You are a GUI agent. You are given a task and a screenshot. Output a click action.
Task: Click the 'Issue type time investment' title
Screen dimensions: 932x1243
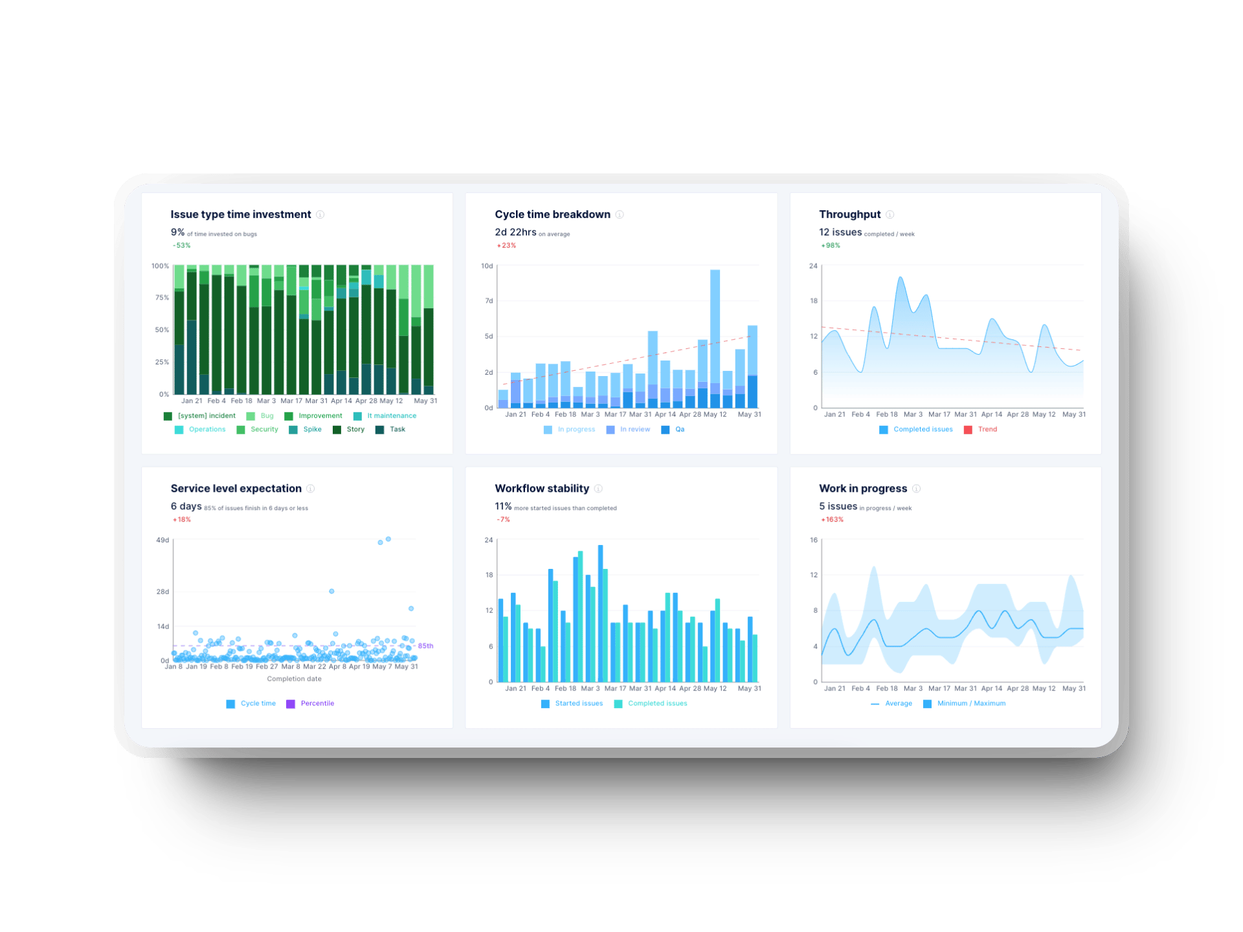click(240, 214)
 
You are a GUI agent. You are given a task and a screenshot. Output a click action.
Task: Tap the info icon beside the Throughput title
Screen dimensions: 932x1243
click(890, 214)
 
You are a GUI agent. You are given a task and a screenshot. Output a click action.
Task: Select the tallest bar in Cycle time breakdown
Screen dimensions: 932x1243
click(715, 337)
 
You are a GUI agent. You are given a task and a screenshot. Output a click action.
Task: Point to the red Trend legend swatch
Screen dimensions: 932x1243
click(968, 430)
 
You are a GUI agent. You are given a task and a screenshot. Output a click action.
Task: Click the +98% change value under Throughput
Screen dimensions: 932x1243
click(831, 245)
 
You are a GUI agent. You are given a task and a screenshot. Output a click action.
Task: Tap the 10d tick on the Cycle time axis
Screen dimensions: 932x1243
click(487, 266)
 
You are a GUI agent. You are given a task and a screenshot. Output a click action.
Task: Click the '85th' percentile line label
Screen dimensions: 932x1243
click(425, 646)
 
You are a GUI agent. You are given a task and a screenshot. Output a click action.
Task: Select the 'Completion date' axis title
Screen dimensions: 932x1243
click(294, 679)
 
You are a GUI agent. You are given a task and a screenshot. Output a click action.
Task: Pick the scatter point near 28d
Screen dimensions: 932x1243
click(331, 592)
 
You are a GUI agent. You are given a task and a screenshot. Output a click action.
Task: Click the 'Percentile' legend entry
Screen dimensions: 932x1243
click(317, 704)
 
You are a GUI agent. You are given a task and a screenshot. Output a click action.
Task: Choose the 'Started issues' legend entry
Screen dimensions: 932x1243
click(578, 704)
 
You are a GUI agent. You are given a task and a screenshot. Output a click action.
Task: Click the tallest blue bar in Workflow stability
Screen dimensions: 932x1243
click(600, 612)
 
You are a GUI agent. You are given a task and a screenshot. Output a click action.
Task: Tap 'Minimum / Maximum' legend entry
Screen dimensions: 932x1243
click(970, 704)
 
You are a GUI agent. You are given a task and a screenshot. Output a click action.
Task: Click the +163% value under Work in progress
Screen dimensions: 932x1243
click(832, 520)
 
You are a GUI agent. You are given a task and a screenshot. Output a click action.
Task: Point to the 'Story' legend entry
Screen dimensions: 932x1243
click(355, 429)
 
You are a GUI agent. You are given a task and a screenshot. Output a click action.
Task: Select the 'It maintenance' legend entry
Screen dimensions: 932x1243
click(391, 416)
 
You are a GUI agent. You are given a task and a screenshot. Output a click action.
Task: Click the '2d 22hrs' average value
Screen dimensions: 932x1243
click(515, 232)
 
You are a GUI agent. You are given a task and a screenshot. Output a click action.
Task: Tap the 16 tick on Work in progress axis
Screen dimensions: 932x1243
click(814, 540)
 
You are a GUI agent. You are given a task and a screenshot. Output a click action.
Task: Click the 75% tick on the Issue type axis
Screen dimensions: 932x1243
click(162, 298)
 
